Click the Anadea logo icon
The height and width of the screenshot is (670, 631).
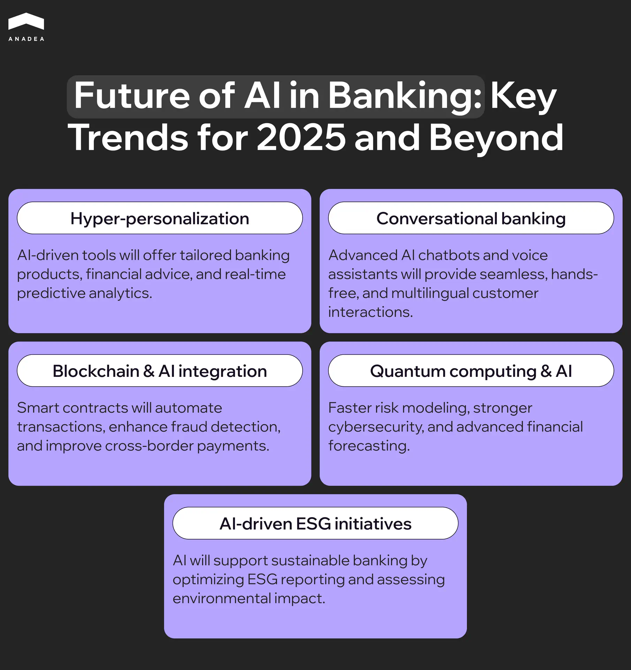[26, 21]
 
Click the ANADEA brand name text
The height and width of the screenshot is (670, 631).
[26, 39]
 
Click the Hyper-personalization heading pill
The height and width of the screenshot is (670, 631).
[160, 218]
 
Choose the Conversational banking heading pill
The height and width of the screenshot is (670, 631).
[471, 218]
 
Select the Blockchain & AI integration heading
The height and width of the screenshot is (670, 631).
[160, 371]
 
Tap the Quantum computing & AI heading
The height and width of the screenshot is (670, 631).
[471, 371]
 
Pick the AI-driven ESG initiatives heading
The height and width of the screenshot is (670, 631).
[315, 523]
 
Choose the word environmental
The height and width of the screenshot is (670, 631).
[222, 598]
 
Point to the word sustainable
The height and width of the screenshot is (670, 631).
[310, 561]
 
